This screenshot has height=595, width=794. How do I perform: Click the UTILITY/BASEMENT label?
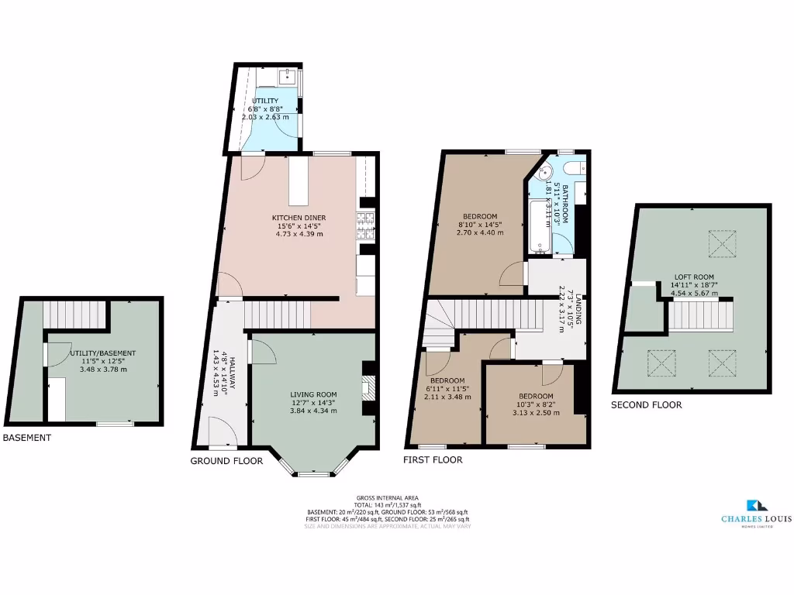point(97,353)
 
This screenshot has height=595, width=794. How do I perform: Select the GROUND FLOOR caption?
point(226,461)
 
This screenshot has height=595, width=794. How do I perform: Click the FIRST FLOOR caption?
point(433,459)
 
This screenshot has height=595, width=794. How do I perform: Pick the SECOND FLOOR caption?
point(646,404)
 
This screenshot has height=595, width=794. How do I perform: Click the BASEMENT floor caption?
point(27,438)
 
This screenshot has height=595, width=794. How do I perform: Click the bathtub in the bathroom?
point(540,227)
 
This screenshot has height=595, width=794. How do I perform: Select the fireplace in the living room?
point(368,386)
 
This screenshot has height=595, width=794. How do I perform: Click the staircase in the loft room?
point(701,316)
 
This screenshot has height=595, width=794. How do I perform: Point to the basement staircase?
point(74,314)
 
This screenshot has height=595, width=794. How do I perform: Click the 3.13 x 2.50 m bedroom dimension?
point(535,412)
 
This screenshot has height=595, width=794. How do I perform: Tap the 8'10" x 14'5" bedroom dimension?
point(480,224)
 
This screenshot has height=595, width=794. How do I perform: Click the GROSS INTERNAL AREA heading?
point(388,497)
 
